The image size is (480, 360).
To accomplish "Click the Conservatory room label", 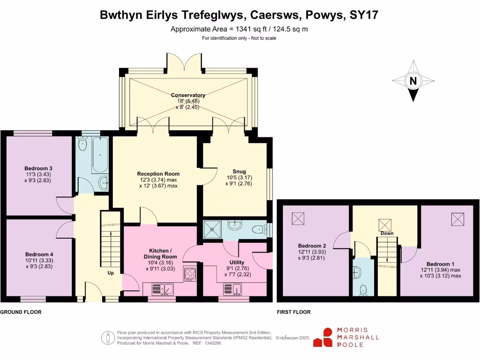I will (x=188, y=95).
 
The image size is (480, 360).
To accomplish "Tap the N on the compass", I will (x=413, y=81).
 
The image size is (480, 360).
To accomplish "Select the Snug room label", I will (x=239, y=171).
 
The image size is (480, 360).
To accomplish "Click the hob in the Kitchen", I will (x=190, y=274).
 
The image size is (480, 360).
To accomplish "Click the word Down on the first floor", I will (x=387, y=233).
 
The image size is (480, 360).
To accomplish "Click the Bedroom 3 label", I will (x=38, y=168).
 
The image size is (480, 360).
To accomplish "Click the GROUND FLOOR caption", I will (x=21, y=312).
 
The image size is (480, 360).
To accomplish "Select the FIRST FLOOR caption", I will (x=293, y=312).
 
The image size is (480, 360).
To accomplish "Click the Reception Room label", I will (x=158, y=173).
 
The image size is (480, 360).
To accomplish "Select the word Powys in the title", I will (x=325, y=15).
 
